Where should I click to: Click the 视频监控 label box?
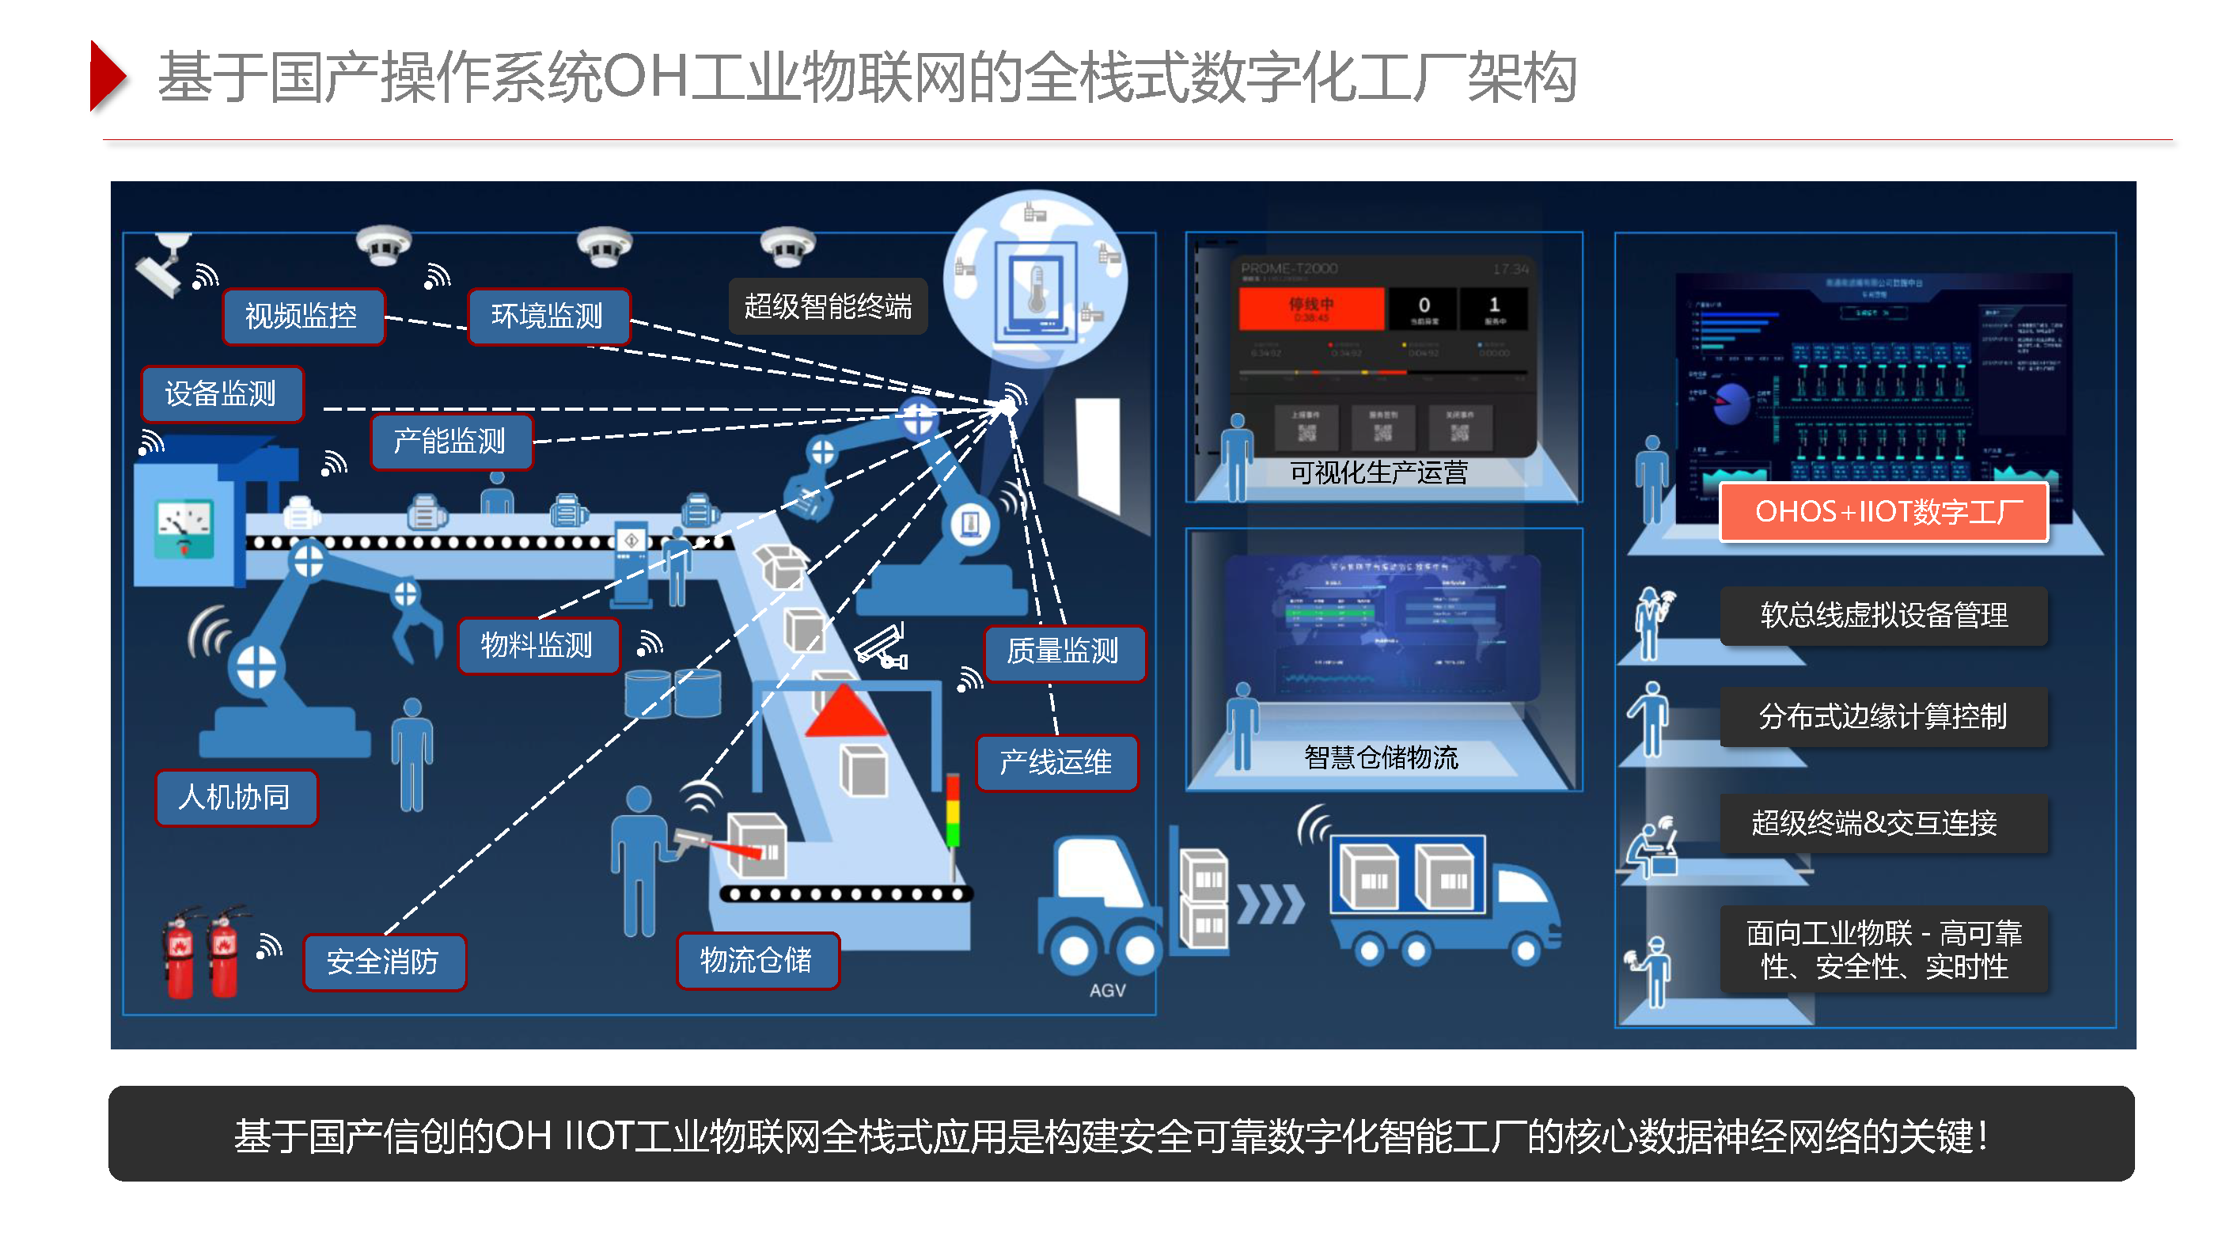302,317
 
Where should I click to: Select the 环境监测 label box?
548,317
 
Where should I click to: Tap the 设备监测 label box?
222,394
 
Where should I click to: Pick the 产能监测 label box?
450,442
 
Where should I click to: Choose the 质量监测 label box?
1063,651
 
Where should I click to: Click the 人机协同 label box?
235,798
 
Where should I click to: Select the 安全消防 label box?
384,962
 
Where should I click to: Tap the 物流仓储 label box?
757,960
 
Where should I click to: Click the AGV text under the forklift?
1107,990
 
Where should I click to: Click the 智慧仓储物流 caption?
1381,757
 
